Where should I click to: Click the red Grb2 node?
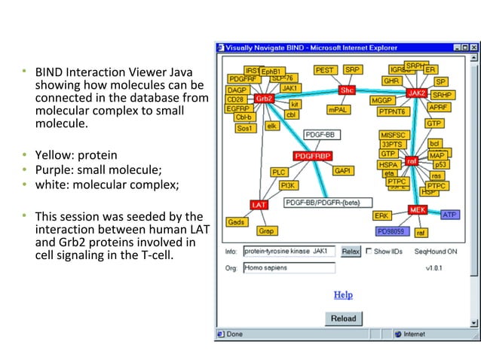264,99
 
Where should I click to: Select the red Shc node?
347,90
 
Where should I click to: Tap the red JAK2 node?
417,93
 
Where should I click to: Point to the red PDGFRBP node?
313,157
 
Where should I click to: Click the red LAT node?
259,204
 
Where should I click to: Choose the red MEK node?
418,209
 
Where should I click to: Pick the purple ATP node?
449,215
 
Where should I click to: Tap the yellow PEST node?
325,70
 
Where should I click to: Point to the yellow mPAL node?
338,110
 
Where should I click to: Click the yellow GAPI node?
344,171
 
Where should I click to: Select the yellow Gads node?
237,222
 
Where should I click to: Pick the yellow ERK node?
381,215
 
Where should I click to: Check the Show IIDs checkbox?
369,252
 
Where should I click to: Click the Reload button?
343,319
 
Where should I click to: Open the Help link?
343,294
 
